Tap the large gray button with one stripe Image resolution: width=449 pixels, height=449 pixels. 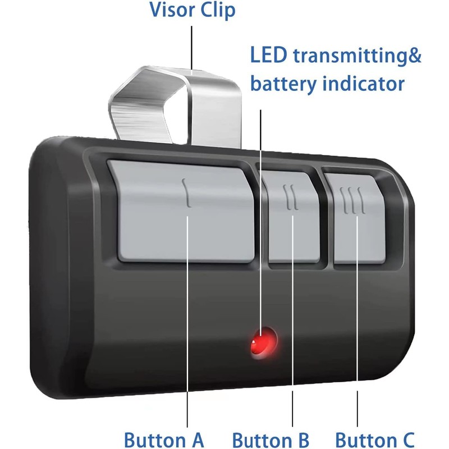pyautogui.click(x=184, y=212)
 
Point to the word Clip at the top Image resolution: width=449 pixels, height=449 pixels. pyautogui.click(x=218, y=10)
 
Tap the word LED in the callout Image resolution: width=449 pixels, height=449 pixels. pyautogui.click(x=269, y=55)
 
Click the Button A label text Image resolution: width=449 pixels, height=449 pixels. pyautogui.click(x=164, y=439)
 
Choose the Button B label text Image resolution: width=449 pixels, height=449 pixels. pyautogui.click(x=271, y=440)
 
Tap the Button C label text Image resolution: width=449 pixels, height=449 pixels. pyautogui.click(x=375, y=440)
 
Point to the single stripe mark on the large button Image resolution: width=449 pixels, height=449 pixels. pyautogui.click(x=186, y=193)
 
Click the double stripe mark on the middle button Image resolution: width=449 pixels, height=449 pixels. pyautogui.click(x=291, y=198)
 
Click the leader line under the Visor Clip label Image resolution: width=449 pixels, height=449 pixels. pyautogui.click(x=191, y=48)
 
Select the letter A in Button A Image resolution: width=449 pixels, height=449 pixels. pyautogui.click(x=198, y=439)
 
